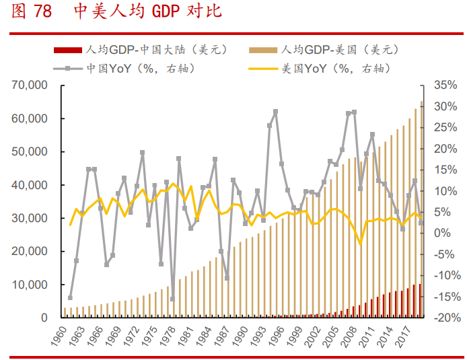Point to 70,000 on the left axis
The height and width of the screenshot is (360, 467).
pos(28,85)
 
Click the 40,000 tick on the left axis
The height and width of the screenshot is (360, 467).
pos(28,185)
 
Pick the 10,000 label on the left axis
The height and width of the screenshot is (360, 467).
pos(28,285)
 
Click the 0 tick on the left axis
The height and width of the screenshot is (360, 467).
pos(44,318)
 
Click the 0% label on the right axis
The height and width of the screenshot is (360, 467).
pos(441,233)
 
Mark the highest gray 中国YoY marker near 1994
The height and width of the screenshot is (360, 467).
pos(275,112)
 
